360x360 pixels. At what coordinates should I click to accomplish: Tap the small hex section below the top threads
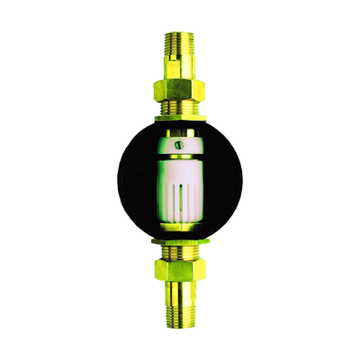(x=180, y=70)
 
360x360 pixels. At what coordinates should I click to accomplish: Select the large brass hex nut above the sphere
(x=180, y=89)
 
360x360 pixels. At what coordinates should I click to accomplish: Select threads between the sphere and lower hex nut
(x=180, y=253)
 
